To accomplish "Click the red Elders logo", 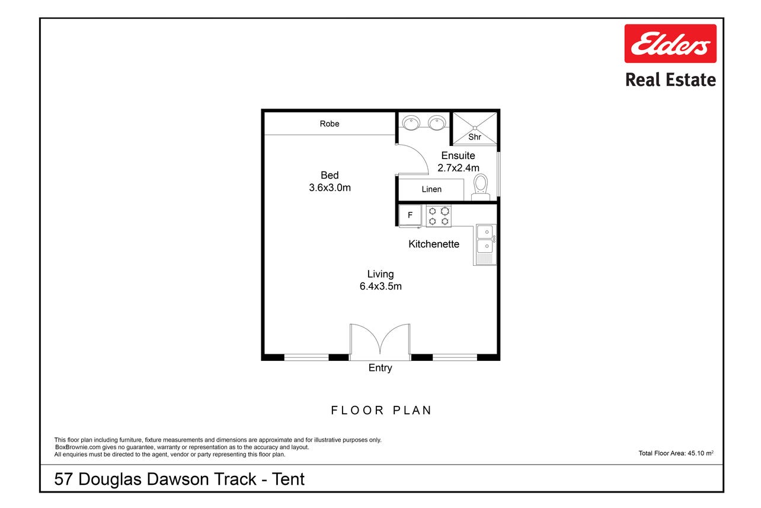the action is [670, 43].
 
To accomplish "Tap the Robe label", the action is [329, 123].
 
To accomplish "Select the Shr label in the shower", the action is [474, 136].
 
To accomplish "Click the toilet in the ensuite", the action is [481, 187].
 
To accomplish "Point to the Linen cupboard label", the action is [431, 189].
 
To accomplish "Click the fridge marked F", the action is [410, 215].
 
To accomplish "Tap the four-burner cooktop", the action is [439, 216].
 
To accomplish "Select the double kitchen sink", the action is [486, 245].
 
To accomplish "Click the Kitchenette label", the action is [433, 244].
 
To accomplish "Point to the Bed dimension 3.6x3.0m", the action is [330, 188].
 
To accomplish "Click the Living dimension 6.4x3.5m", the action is [380, 286].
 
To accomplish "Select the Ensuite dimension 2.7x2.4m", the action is [458, 168].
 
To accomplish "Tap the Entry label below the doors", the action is [380, 368].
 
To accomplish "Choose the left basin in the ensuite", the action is [411, 123].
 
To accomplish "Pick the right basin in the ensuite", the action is [437, 123].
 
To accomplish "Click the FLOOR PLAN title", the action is [381, 410].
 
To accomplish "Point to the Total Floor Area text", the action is [676, 453].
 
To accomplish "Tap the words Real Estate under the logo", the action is [671, 80].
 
